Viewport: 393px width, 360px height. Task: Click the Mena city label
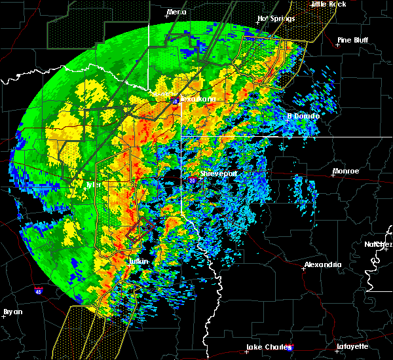(x=176, y=12)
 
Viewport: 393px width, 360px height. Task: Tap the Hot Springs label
(x=273, y=18)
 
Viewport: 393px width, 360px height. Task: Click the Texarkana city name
(x=198, y=99)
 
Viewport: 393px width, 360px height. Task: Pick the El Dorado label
(x=304, y=117)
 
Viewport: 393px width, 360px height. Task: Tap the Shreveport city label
(x=218, y=173)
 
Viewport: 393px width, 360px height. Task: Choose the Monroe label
(x=346, y=171)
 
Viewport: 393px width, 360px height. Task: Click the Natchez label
(x=379, y=244)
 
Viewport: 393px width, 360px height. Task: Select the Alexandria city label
(x=322, y=265)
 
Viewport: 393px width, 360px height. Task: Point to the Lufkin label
(x=138, y=262)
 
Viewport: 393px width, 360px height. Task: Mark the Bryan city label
(x=12, y=312)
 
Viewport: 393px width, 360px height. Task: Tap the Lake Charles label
(x=265, y=347)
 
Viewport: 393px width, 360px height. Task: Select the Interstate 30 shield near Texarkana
(x=176, y=101)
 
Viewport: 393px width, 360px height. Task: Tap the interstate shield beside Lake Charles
(x=291, y=348)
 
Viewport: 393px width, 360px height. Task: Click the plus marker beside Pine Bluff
(x=337, y=45)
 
